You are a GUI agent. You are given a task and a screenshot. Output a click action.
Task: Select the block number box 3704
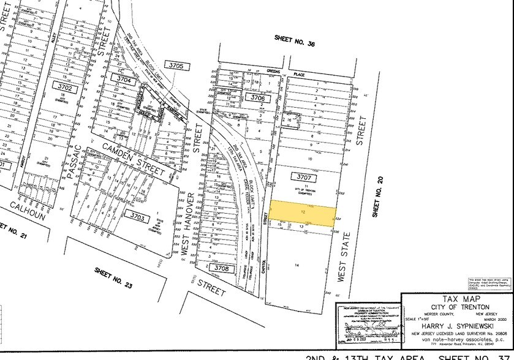point(124,80)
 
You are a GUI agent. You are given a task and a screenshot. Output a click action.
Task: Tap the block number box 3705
point(174,65)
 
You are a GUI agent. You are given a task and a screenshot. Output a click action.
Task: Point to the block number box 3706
point(259,98)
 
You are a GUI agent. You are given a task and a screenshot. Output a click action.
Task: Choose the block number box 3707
point(304,178)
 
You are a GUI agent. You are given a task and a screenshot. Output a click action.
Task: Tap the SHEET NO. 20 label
point(377,202)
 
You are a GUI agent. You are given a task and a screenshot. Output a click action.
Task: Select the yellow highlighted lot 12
point(303,211)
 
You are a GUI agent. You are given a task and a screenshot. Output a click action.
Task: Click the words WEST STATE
point(342,254)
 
